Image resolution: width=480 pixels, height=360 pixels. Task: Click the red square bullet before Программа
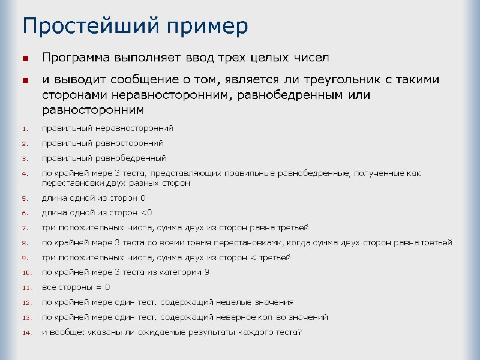[x=25, y=59]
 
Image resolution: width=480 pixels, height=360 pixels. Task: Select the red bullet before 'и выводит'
[x=25, y=80]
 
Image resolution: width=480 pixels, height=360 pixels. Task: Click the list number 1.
[x=25, y=128]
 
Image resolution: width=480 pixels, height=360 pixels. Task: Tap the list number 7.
[x=25, y=228]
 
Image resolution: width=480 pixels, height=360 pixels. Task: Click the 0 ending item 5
[x=143, y=198]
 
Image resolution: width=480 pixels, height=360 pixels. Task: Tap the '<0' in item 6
[x=146, y=213]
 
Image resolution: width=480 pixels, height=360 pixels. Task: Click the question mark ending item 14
[x=300, y=332]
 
